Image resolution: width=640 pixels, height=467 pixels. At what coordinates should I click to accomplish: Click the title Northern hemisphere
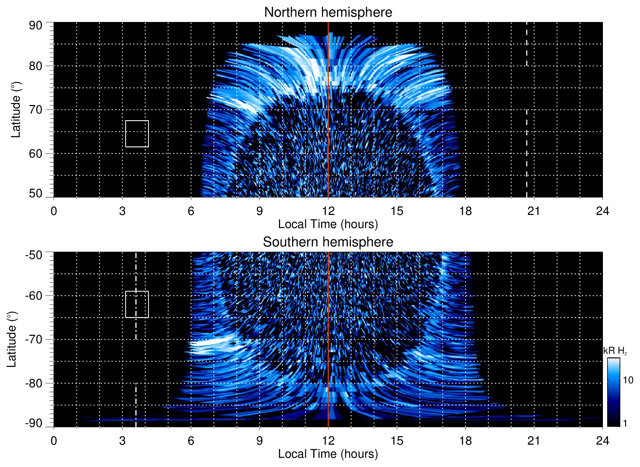click(x=328, y=12)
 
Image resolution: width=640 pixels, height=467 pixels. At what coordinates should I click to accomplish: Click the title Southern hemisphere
click(x=328, y=242)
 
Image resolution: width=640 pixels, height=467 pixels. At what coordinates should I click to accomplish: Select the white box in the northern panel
click(x=137, y=134)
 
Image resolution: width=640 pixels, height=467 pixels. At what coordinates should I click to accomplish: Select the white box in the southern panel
click(x=137, y=304)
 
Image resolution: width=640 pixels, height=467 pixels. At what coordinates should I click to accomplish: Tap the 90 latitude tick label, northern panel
click(x=35, y=26)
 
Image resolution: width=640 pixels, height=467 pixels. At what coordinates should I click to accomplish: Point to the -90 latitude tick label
click(x=34, y=423)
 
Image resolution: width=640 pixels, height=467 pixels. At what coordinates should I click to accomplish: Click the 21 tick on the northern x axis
click(x=534, y=211)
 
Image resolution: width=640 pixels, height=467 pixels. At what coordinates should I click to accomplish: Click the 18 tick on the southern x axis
click(x=465, y=440)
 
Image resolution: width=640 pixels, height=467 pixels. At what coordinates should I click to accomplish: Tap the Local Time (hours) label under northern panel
click(x=328, y=224)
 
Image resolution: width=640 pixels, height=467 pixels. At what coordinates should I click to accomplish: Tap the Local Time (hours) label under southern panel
click(x=328, y=454)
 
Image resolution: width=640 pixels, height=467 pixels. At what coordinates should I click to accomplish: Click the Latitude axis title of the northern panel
click(x=15, y=110)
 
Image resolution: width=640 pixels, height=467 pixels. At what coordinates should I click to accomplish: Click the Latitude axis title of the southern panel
click(x=11, y=340)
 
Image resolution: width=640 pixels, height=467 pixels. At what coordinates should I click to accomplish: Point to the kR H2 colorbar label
click(x=615, y=351)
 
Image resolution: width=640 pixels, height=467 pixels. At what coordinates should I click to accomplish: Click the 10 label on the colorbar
click(x=628, y=380)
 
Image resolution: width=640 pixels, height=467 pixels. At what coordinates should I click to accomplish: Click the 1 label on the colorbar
click(x=625, y=423)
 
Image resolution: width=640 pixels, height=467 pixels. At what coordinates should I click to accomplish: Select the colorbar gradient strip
click(x=613, y=392)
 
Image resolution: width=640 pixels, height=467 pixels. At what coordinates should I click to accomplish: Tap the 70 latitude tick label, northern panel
click(x=35, y=110)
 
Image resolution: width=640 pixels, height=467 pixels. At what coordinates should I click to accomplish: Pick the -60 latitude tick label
click(x=34, y=295)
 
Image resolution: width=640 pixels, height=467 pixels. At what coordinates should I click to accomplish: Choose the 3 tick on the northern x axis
click(x=122, y=211)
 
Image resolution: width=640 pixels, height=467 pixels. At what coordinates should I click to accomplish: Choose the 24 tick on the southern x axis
click(x=602, y=440)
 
